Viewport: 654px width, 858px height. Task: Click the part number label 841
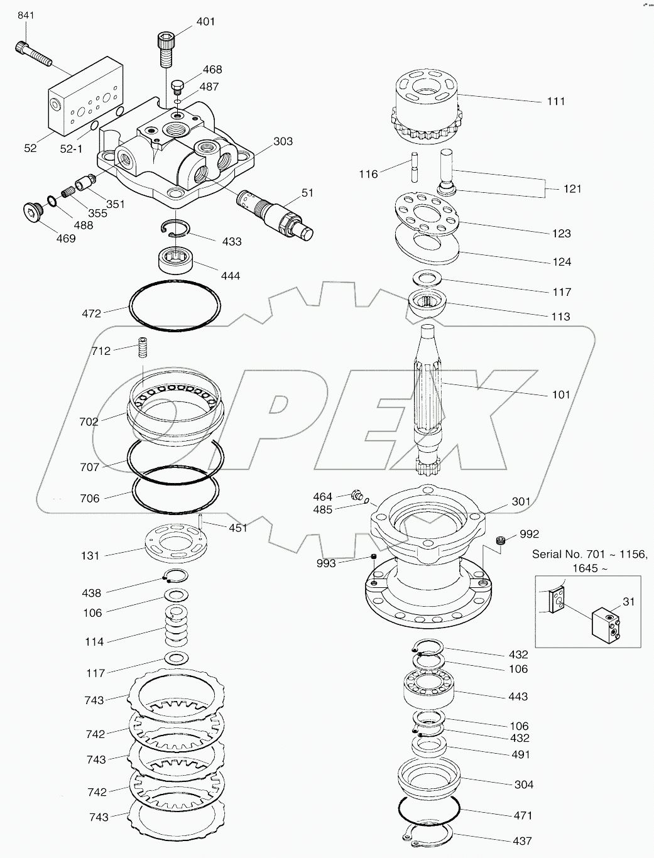pos(26,15)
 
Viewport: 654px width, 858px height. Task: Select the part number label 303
pos(283,141)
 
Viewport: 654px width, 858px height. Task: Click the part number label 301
pos(521,501)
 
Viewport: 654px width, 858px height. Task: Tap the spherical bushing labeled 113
pos(427,305)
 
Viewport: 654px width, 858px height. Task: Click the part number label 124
pos(561,261)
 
